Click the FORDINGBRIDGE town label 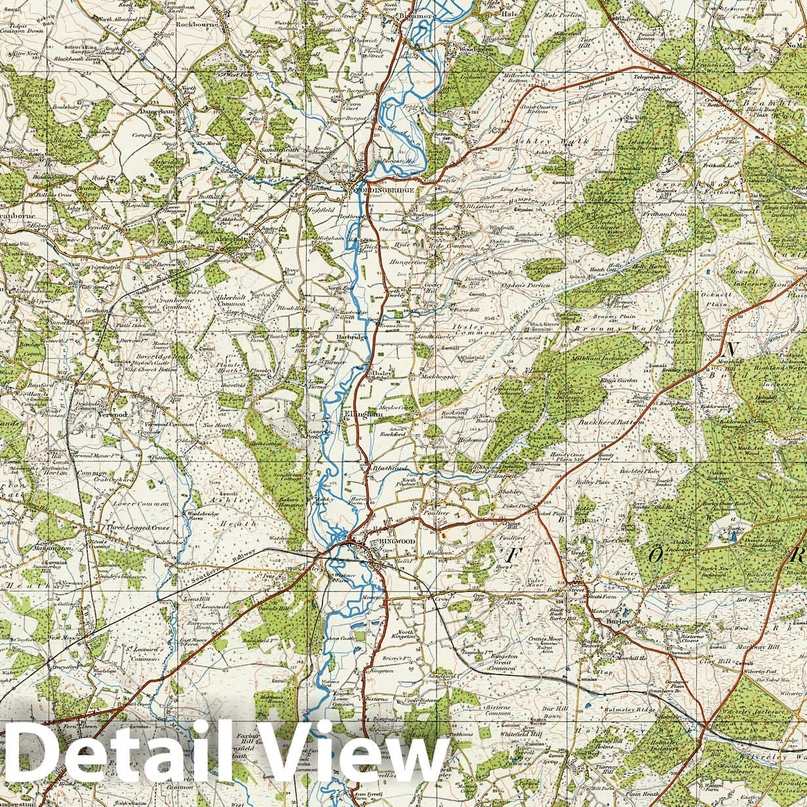[385, 189]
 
